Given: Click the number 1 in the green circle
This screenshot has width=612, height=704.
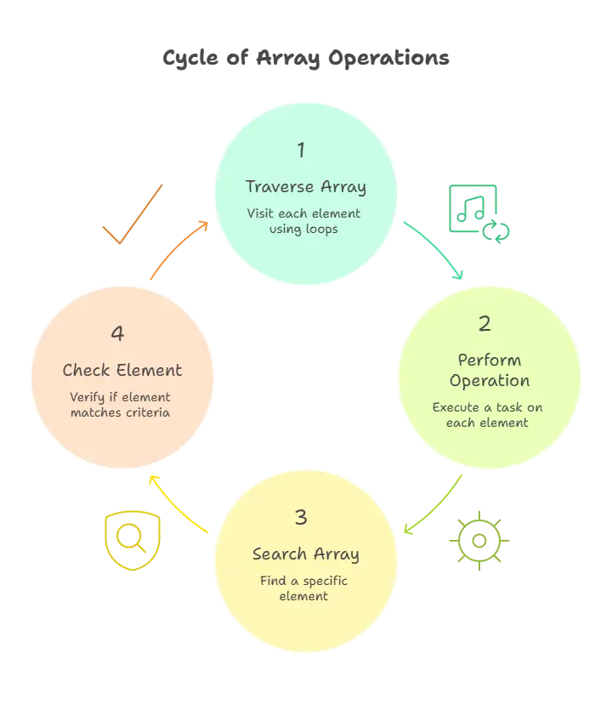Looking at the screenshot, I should (x=301, y=150).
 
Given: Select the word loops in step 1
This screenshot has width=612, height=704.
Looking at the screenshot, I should (x=322, y=229).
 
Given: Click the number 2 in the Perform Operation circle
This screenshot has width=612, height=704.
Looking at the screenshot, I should (x=484, y=324).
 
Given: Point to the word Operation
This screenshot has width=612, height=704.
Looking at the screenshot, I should (x=490, y=380).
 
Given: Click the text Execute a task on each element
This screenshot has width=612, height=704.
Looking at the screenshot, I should (x=488, y=414).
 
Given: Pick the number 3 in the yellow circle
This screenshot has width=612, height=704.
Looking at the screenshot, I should (x=301, y=517).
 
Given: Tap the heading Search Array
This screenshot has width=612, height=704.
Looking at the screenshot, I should (x=306, y=554).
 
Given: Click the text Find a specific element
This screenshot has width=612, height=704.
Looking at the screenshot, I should (x=303, y=588).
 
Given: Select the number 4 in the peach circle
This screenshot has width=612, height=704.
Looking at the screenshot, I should (x=118, y=333).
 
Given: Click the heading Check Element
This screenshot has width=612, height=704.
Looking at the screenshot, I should (x=122, y=370).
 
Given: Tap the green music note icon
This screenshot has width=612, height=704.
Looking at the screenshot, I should (x=478, y=213).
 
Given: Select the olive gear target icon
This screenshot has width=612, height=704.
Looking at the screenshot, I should (x=479, y=541).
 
